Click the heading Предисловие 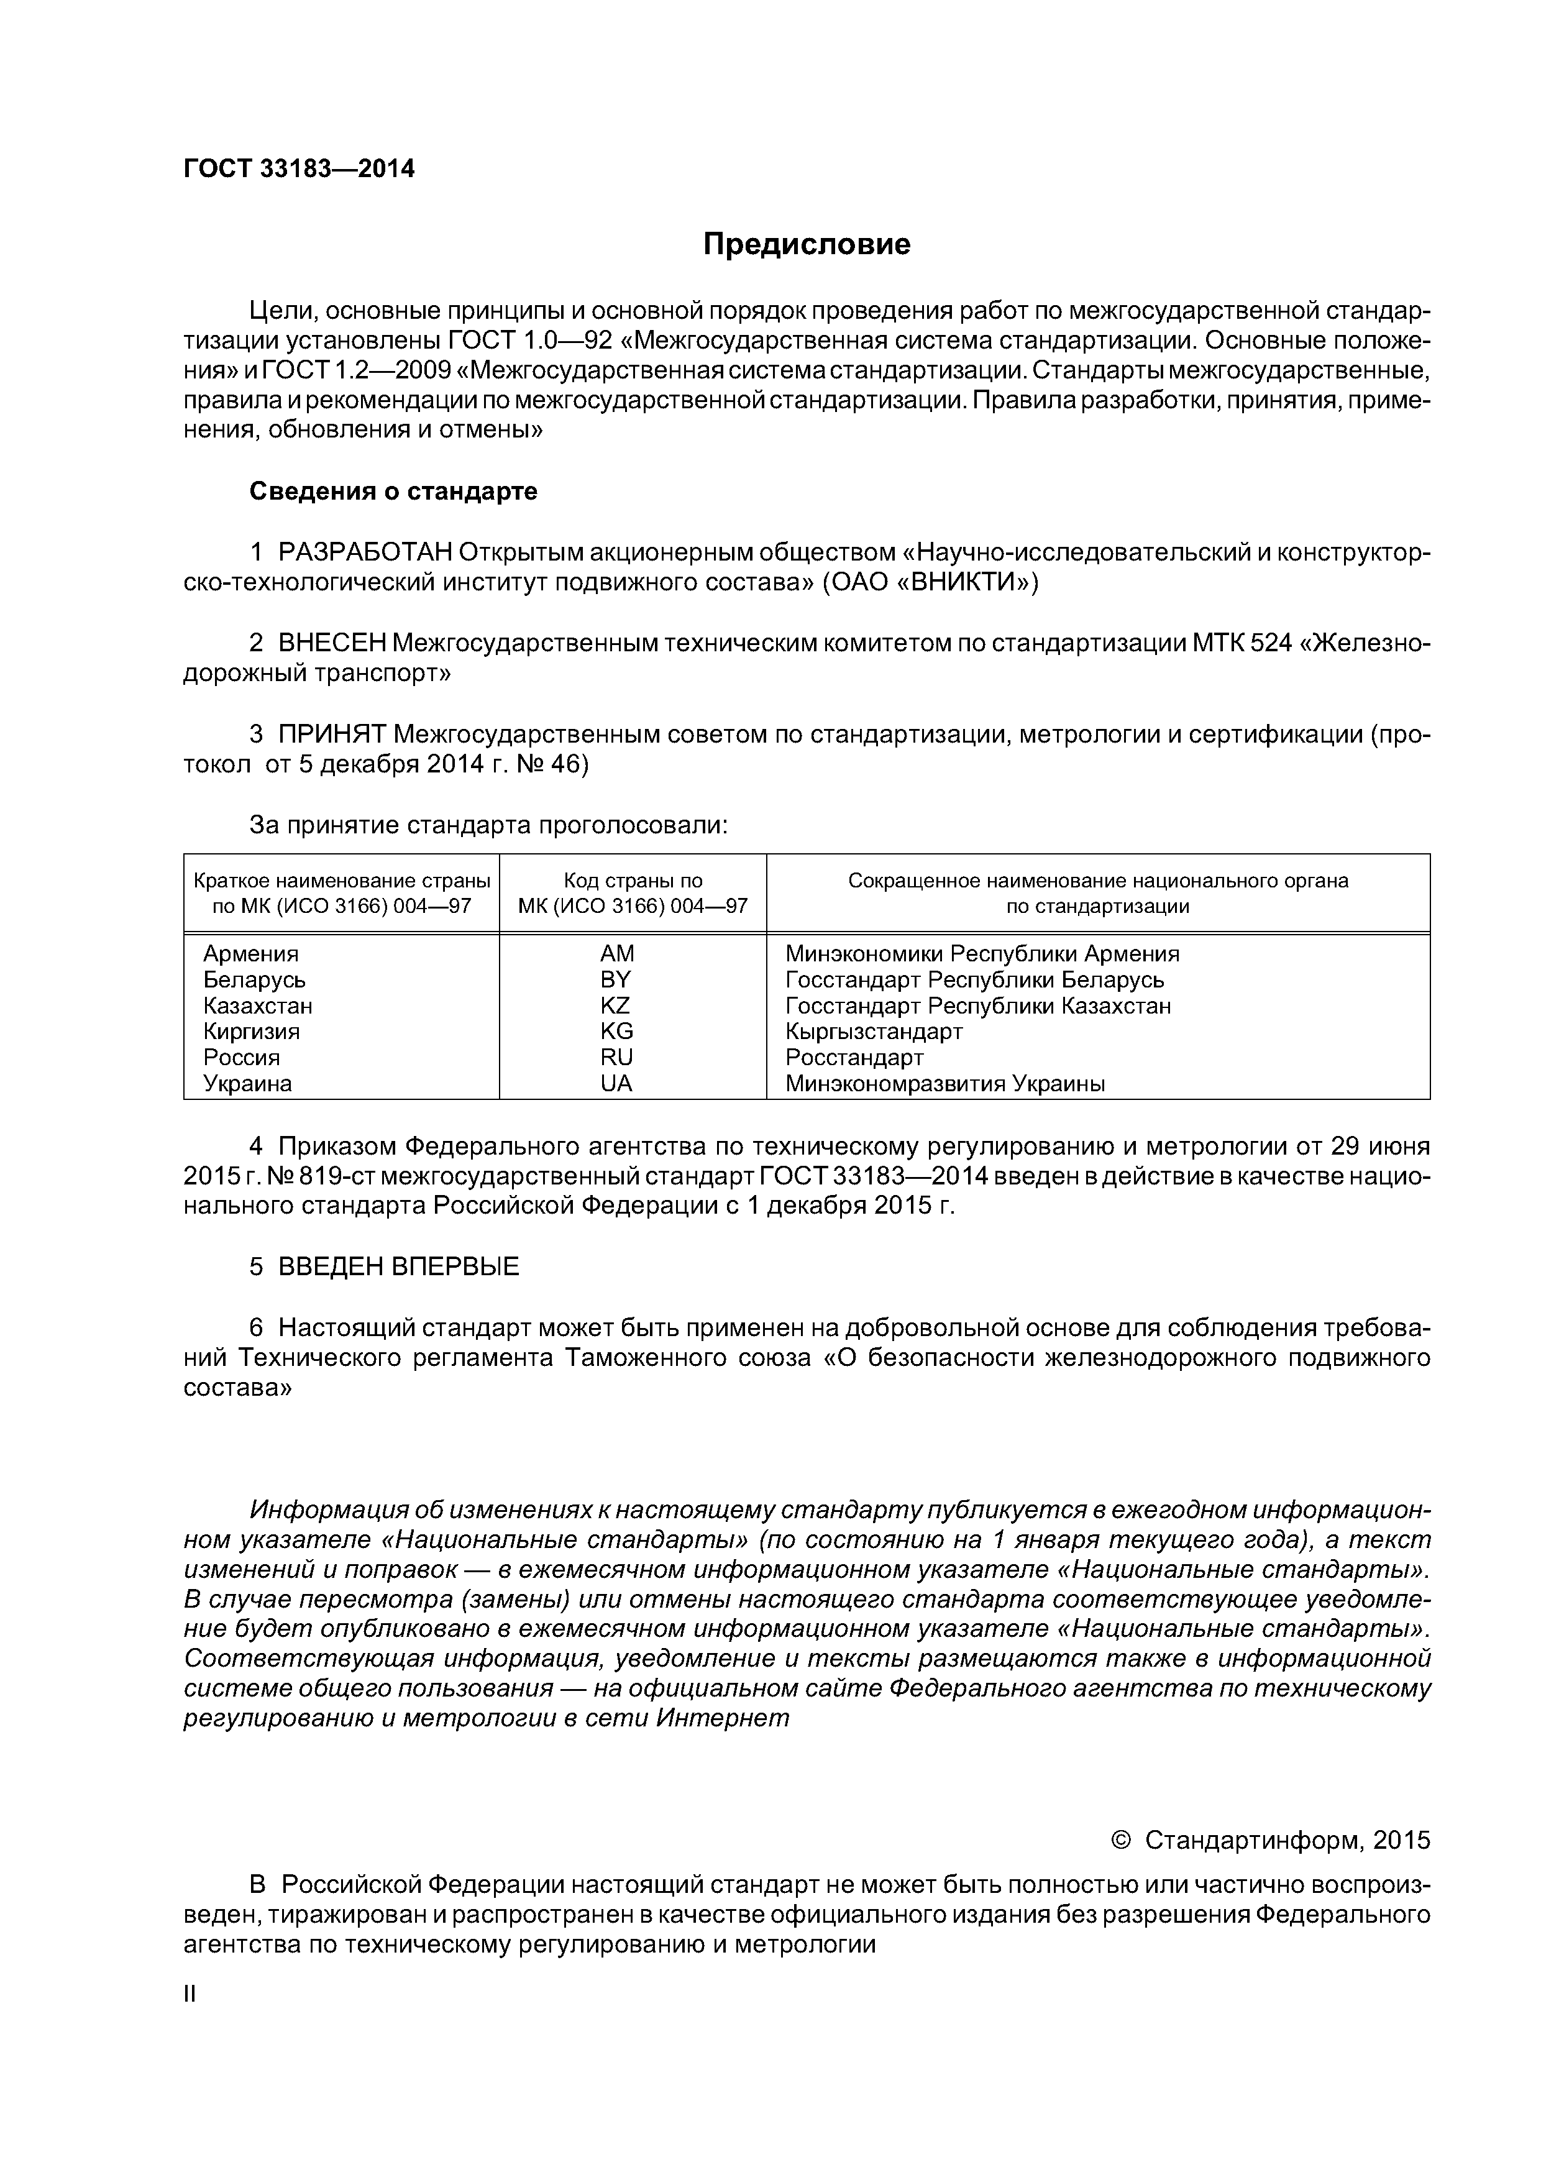[806, 245]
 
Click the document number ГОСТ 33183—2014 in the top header [299, 169]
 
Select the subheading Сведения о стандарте [393, 491]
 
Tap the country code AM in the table [617, 953]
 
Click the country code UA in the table [616, 1083]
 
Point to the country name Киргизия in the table [252, 1031]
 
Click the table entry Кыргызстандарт [874, 1031]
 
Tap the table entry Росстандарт [854, 1058]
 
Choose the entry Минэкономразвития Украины [944, 1083]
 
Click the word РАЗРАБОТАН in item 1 [365, 552]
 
